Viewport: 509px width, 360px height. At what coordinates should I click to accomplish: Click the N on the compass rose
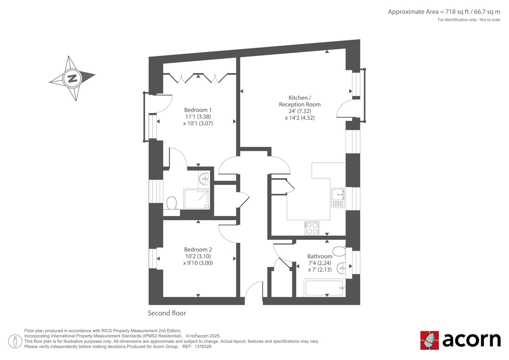tap(73, 78)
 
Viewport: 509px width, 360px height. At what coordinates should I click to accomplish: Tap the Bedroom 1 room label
tap(198, 110)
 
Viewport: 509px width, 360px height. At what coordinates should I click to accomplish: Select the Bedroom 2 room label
tap(198, 250)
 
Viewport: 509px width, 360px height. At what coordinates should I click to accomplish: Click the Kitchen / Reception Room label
tap(300, 101)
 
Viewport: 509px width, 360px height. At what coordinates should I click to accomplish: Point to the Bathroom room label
tap(320, 256)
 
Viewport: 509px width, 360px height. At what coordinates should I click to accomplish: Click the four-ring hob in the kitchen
tap(312, 228)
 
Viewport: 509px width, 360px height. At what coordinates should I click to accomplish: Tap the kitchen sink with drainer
tap(338, 198)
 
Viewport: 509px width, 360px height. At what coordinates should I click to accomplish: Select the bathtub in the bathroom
tap(324, 288)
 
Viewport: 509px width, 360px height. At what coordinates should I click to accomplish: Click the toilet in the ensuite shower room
tap(171, 203)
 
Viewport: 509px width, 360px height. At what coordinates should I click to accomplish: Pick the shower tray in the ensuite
tap(197, 199)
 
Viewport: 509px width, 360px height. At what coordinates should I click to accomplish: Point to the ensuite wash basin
tap(203, 178)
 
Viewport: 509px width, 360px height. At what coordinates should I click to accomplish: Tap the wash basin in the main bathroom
tap(341, 269)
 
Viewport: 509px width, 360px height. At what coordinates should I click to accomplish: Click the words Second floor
tap(167, 313)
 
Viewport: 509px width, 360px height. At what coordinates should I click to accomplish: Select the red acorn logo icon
tap(429, 340)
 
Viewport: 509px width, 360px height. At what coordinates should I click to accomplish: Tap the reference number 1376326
tap(203, 347)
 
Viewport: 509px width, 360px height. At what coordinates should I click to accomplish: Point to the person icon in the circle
tap(15, 341)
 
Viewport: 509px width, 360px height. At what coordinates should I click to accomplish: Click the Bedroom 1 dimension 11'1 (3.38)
tap(198, 117)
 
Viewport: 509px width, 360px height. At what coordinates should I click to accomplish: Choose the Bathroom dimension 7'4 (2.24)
tap(320, 263)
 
